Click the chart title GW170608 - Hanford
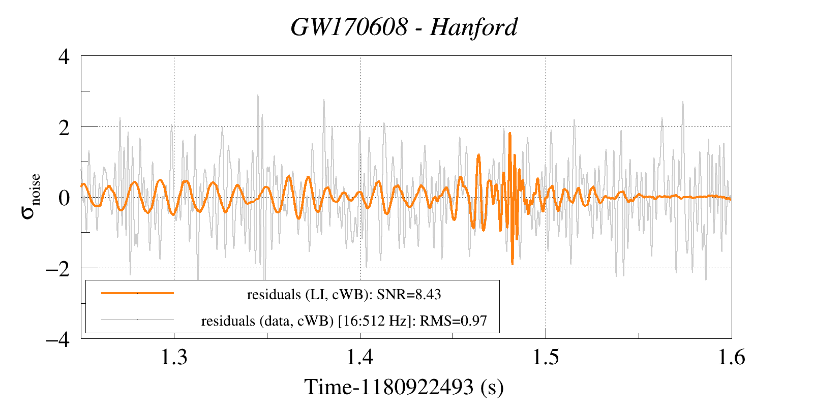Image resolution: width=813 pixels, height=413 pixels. click(x=404, y=27)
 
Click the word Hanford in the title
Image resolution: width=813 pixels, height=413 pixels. click(x=473, y=27)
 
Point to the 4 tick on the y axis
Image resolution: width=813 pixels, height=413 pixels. click(x=64, y=56)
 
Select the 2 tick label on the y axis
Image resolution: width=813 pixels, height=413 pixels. click(x=64, y=128)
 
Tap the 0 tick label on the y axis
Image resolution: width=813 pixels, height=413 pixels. click(x=64, y=198)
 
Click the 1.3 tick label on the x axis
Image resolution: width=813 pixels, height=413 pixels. click(x=174, y=358)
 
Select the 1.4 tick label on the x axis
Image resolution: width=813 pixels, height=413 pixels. click(x=360, y=358)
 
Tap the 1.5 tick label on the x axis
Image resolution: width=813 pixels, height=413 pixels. click(x=546, y=358)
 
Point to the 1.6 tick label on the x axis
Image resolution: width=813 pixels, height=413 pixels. click(x=731, y=358)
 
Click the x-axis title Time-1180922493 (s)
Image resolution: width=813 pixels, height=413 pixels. click(x=404, y=387)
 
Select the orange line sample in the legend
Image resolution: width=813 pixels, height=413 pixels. click(x=137, y=293)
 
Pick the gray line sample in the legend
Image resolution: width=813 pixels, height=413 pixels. click(x=137, y=320)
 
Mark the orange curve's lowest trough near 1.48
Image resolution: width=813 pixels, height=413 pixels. click(x=512, y=264)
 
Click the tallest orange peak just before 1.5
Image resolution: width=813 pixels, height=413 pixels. click(x=509, y=134)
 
